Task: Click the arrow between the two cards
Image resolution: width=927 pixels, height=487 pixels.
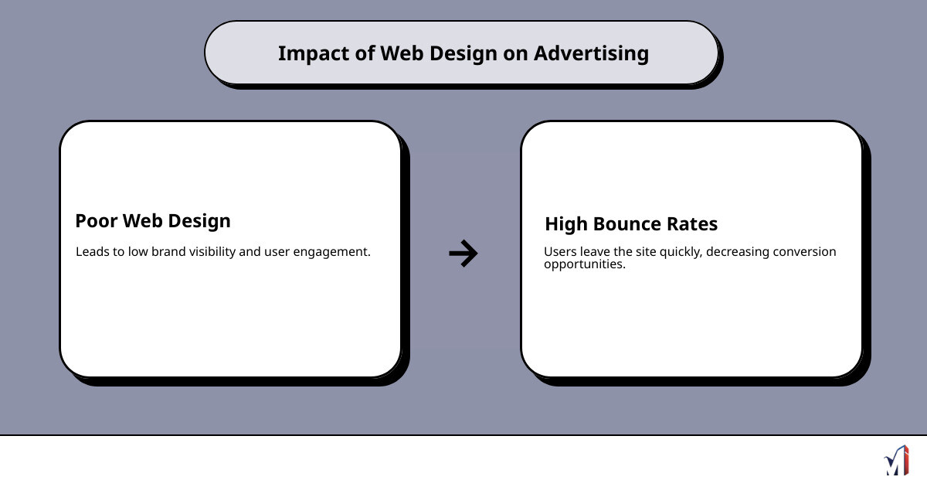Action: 463,253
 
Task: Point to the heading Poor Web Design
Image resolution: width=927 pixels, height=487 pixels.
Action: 153,221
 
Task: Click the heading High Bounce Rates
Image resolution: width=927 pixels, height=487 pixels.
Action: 631,224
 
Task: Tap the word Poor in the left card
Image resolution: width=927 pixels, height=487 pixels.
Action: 96,221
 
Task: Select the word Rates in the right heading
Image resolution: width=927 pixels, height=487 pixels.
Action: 693,224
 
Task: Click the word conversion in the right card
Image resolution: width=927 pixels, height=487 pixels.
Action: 806,252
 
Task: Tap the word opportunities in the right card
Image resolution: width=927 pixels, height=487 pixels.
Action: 584,264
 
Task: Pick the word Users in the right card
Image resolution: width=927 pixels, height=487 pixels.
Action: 559,252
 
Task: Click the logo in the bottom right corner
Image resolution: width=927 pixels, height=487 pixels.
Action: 896,461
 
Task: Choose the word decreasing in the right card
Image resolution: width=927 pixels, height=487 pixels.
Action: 741,252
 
